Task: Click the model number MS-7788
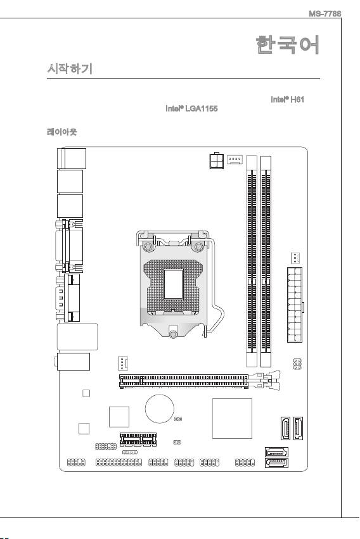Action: [x=325, y=14]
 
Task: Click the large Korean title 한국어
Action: [x=288, y=45]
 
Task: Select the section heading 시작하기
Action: [x=70, y=69]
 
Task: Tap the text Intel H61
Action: [x=288, y=99]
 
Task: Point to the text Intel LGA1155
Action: [x=191, y=109]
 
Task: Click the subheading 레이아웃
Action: [x=62, y=132]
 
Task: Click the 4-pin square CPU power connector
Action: [x=217, y=160]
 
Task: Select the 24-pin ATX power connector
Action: [x=295, y=305]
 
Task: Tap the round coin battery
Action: [x=160, y=409]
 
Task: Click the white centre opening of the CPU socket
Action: [x=173, y=284]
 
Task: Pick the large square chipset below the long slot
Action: [x=232, y=419]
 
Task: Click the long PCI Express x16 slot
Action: [x=184, y=381]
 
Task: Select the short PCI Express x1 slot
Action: [x=138, y=440]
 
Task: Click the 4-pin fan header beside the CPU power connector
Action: [x=235, y=160]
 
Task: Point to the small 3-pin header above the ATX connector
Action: [x=295, y=257]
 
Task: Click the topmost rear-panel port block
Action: [x=72, y=158]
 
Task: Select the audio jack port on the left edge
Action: [x=72, y=362]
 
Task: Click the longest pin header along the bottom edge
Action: [x=119, y=463]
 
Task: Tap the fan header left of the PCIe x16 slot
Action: [x=122, y=364]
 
